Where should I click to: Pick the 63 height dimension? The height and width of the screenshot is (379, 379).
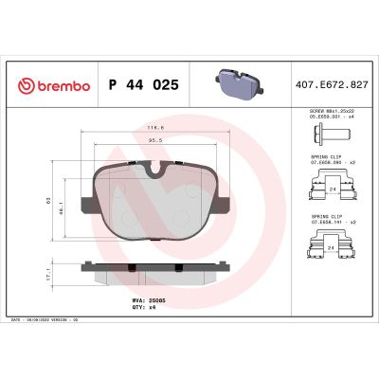[x=48, y=202]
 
